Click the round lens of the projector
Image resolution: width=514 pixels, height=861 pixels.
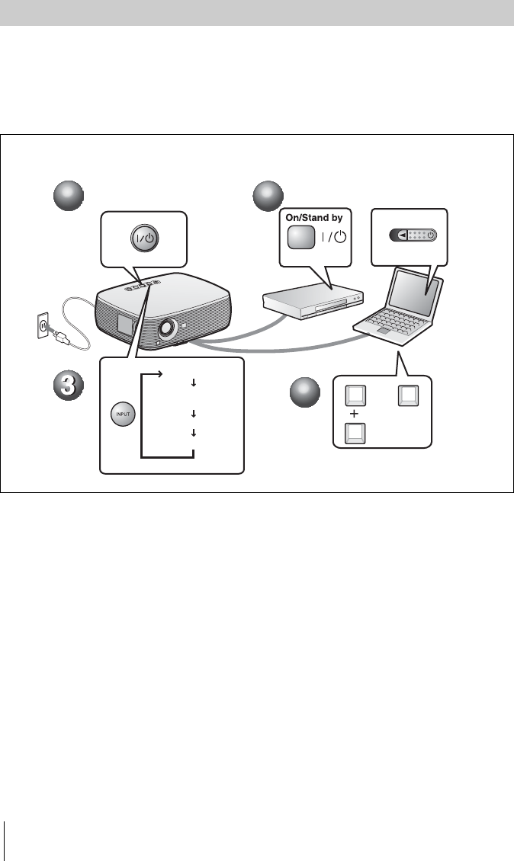coord(165,329)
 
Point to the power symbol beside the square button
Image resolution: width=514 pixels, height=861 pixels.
coord(335,237)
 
